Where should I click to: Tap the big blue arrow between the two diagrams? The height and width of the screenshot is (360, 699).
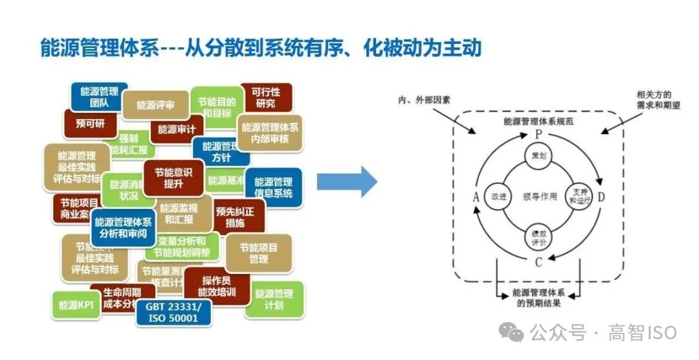346,182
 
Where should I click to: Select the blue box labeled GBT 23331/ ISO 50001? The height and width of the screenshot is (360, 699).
173,313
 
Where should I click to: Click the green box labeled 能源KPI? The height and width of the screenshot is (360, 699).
76,305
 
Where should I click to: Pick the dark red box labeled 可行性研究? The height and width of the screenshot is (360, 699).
265,98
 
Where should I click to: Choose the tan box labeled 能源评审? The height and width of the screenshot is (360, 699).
155,105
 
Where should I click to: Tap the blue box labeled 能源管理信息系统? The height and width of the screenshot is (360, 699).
273,188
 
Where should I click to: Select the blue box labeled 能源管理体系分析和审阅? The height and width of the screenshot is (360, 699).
124,227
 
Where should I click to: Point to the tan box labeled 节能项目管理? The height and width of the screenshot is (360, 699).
258,253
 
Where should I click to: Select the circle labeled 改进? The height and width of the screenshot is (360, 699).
498,196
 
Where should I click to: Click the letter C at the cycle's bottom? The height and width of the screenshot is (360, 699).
537,262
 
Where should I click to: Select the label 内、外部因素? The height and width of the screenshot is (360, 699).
424,100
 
